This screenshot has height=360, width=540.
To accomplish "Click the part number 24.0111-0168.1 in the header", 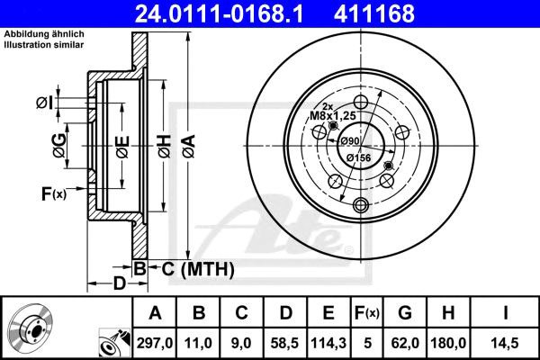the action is [x=219, y=13].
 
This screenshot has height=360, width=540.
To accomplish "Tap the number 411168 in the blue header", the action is [x=374, y=13].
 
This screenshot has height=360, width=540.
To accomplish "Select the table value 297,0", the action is [x=155, y=343].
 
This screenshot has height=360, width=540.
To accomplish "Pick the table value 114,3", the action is [x=328, y=343].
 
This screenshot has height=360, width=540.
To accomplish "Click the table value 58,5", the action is [x=284, y=343].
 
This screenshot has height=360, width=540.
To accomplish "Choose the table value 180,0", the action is [x=448, y=343].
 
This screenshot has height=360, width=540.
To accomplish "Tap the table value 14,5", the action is [x=505, y=343].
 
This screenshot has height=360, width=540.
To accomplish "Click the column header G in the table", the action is [x=405, y=313].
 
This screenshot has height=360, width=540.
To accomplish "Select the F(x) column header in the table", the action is [x=367, y=313].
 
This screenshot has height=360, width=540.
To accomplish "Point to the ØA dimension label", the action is [x=189, y=147].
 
